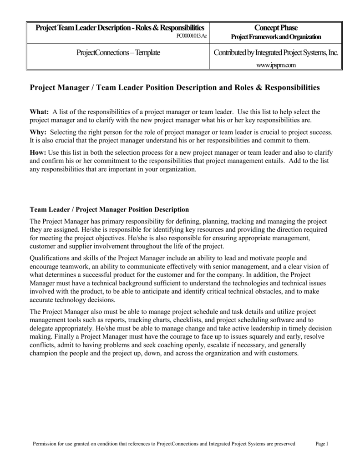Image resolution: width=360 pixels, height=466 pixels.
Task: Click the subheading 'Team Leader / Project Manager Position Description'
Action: [109, 210]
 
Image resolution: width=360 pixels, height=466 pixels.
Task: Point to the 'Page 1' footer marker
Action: [322, 444]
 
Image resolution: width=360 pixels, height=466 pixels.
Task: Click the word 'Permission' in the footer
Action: [45, 444]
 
